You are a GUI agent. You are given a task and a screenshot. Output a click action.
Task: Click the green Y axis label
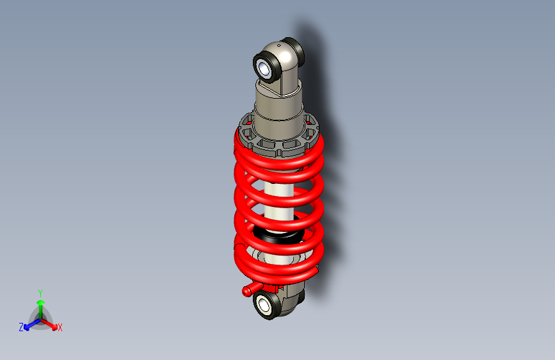(x=40, y=292)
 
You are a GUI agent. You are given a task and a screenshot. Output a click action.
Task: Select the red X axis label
(x=60, y=328)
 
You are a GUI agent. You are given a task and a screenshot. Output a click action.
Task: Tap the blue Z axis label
(x=21, y=327)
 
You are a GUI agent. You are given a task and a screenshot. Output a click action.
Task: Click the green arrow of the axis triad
(x=40, y=304)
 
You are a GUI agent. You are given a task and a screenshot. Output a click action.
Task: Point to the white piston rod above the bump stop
(x=277, y=199)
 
